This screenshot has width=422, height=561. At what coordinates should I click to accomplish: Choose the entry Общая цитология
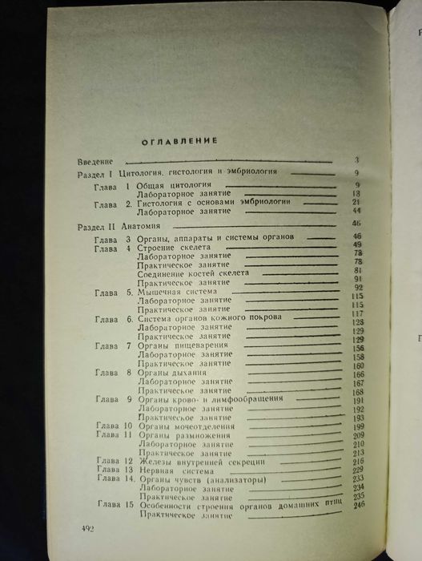(170, 186)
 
